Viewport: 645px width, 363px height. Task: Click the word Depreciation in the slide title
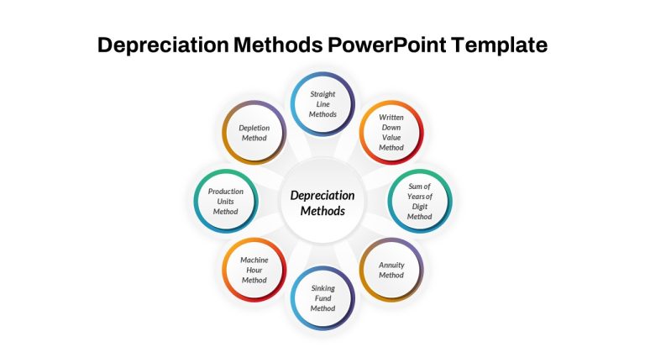(x=163, y=45)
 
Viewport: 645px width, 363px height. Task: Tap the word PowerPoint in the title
(x=386, y=45)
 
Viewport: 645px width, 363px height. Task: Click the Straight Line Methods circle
(x=322, y=104)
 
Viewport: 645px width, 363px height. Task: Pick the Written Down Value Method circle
(x=391, y=133)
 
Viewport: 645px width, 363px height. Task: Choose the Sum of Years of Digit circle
(x=420, y=202)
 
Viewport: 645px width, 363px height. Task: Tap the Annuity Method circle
(x=391, y=270)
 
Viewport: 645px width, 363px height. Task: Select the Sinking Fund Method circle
(x=322, y=298)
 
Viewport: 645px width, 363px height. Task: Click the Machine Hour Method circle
(x=254, y=270)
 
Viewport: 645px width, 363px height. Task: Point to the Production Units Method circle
(x=226, y=202)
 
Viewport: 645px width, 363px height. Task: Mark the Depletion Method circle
(x=254, y=133)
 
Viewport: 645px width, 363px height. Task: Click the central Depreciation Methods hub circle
(x=322, y=202)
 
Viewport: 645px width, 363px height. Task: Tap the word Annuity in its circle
(x=391, y=265)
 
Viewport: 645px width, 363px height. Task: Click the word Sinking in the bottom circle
(x=322, y=288)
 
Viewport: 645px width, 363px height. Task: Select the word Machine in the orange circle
(x=254, y=260)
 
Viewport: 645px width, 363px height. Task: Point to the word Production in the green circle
(x=225, y=192)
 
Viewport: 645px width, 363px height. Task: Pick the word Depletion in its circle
(x=254, y=128)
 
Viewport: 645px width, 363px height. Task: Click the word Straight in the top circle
(x=322, y=94)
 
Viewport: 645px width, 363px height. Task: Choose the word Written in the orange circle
(x=391, y=118)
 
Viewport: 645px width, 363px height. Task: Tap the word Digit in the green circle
(x=420, y=207)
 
